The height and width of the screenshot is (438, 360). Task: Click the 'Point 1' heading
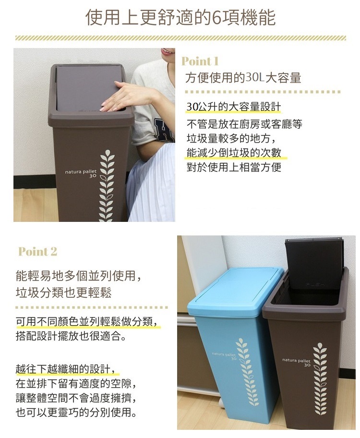click(200, 61)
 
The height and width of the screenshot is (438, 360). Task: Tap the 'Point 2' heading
click(38, 251)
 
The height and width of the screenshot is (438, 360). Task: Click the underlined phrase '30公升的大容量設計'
click(234, 107)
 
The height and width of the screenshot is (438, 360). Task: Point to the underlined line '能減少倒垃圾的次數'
click(234, 153)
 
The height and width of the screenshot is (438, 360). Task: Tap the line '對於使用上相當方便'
click(234, 167)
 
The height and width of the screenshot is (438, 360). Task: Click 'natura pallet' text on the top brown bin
click(81, 171)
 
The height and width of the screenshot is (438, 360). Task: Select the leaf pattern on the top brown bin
click(108, 186)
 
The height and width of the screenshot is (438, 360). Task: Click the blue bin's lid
click(234, 291)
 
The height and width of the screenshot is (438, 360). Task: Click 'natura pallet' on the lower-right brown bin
click(296, 360)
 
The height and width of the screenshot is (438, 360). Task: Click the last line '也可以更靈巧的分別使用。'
click(76, 412)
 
